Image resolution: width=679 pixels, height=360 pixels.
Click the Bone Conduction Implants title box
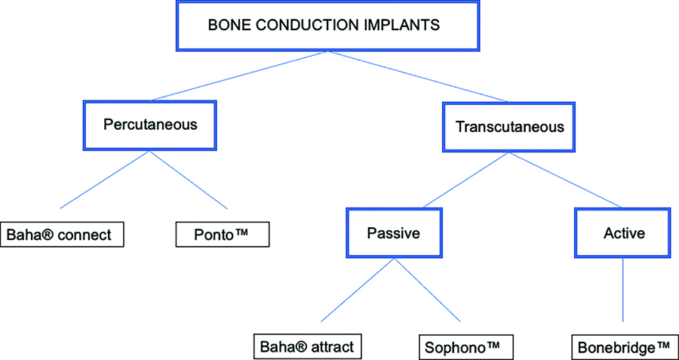pos(328,25)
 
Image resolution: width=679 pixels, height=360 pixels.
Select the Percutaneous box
pos(149,125)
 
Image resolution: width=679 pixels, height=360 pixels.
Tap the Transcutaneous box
pos(508,127)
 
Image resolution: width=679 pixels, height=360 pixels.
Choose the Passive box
pos(394,232)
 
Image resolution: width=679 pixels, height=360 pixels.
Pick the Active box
pos(623,232)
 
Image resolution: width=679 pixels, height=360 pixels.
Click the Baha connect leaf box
pos(62,235)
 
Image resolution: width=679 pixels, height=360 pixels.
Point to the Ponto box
pos(222,235)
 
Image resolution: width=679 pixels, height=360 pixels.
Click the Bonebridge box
pos(625,346)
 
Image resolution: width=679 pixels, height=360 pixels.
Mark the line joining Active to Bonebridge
pos(623,290)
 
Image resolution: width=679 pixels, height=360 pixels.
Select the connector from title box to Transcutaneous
pos(418,76)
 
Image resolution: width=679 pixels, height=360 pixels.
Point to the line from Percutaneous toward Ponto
pos(189,180)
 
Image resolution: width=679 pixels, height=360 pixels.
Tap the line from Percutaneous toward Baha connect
pos(104,180)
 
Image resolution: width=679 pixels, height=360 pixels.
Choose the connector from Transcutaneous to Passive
pos(466,180)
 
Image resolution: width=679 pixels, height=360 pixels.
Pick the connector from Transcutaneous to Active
pos(565,180)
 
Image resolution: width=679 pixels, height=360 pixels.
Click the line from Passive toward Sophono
pos(428,291)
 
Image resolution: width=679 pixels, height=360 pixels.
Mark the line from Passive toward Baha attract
pos(358,291)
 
